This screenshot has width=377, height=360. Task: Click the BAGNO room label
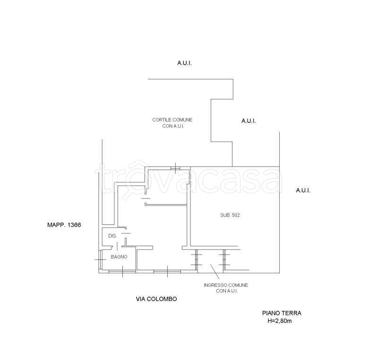click(x=119, y=257)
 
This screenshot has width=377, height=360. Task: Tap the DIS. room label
click(x=112, y=236)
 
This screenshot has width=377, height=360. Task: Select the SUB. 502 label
click(x=230, y=215)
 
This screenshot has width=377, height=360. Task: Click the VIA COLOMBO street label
click(x=156, y=299)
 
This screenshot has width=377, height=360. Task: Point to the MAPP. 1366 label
click(x=64, y=225)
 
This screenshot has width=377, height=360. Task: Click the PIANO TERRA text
click(x=282, y=313)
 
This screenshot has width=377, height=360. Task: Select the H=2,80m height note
click(x=280, y=321)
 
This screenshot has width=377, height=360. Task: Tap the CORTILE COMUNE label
click(x=172, y=120)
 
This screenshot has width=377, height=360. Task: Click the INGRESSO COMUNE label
click(x=226, y=285)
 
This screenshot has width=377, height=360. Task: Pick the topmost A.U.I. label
click(x=185, y=63)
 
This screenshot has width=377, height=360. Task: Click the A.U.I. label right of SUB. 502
click(x=303, y=190)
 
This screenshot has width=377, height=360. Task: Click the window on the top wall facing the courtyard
click(x=176, y=168)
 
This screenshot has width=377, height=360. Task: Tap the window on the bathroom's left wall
click(x=100, y=259)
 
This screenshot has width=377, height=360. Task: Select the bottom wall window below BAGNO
click(x=122, y=272)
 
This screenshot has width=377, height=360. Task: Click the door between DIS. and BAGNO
click(x=117, y=246)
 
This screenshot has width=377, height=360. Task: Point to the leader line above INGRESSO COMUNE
click(x=214, y=272)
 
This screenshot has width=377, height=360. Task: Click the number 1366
click(x=74, y=225)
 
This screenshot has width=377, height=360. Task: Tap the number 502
click(x=236, y=215)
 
